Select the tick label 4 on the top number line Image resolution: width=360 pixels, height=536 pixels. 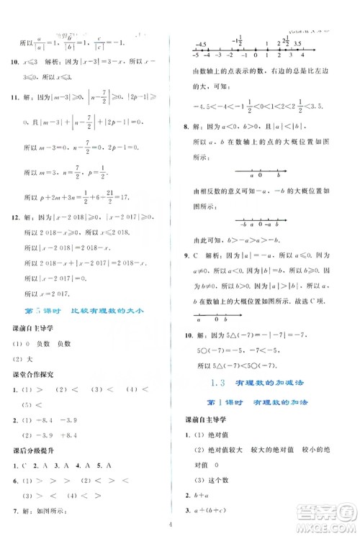pos(303,55)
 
